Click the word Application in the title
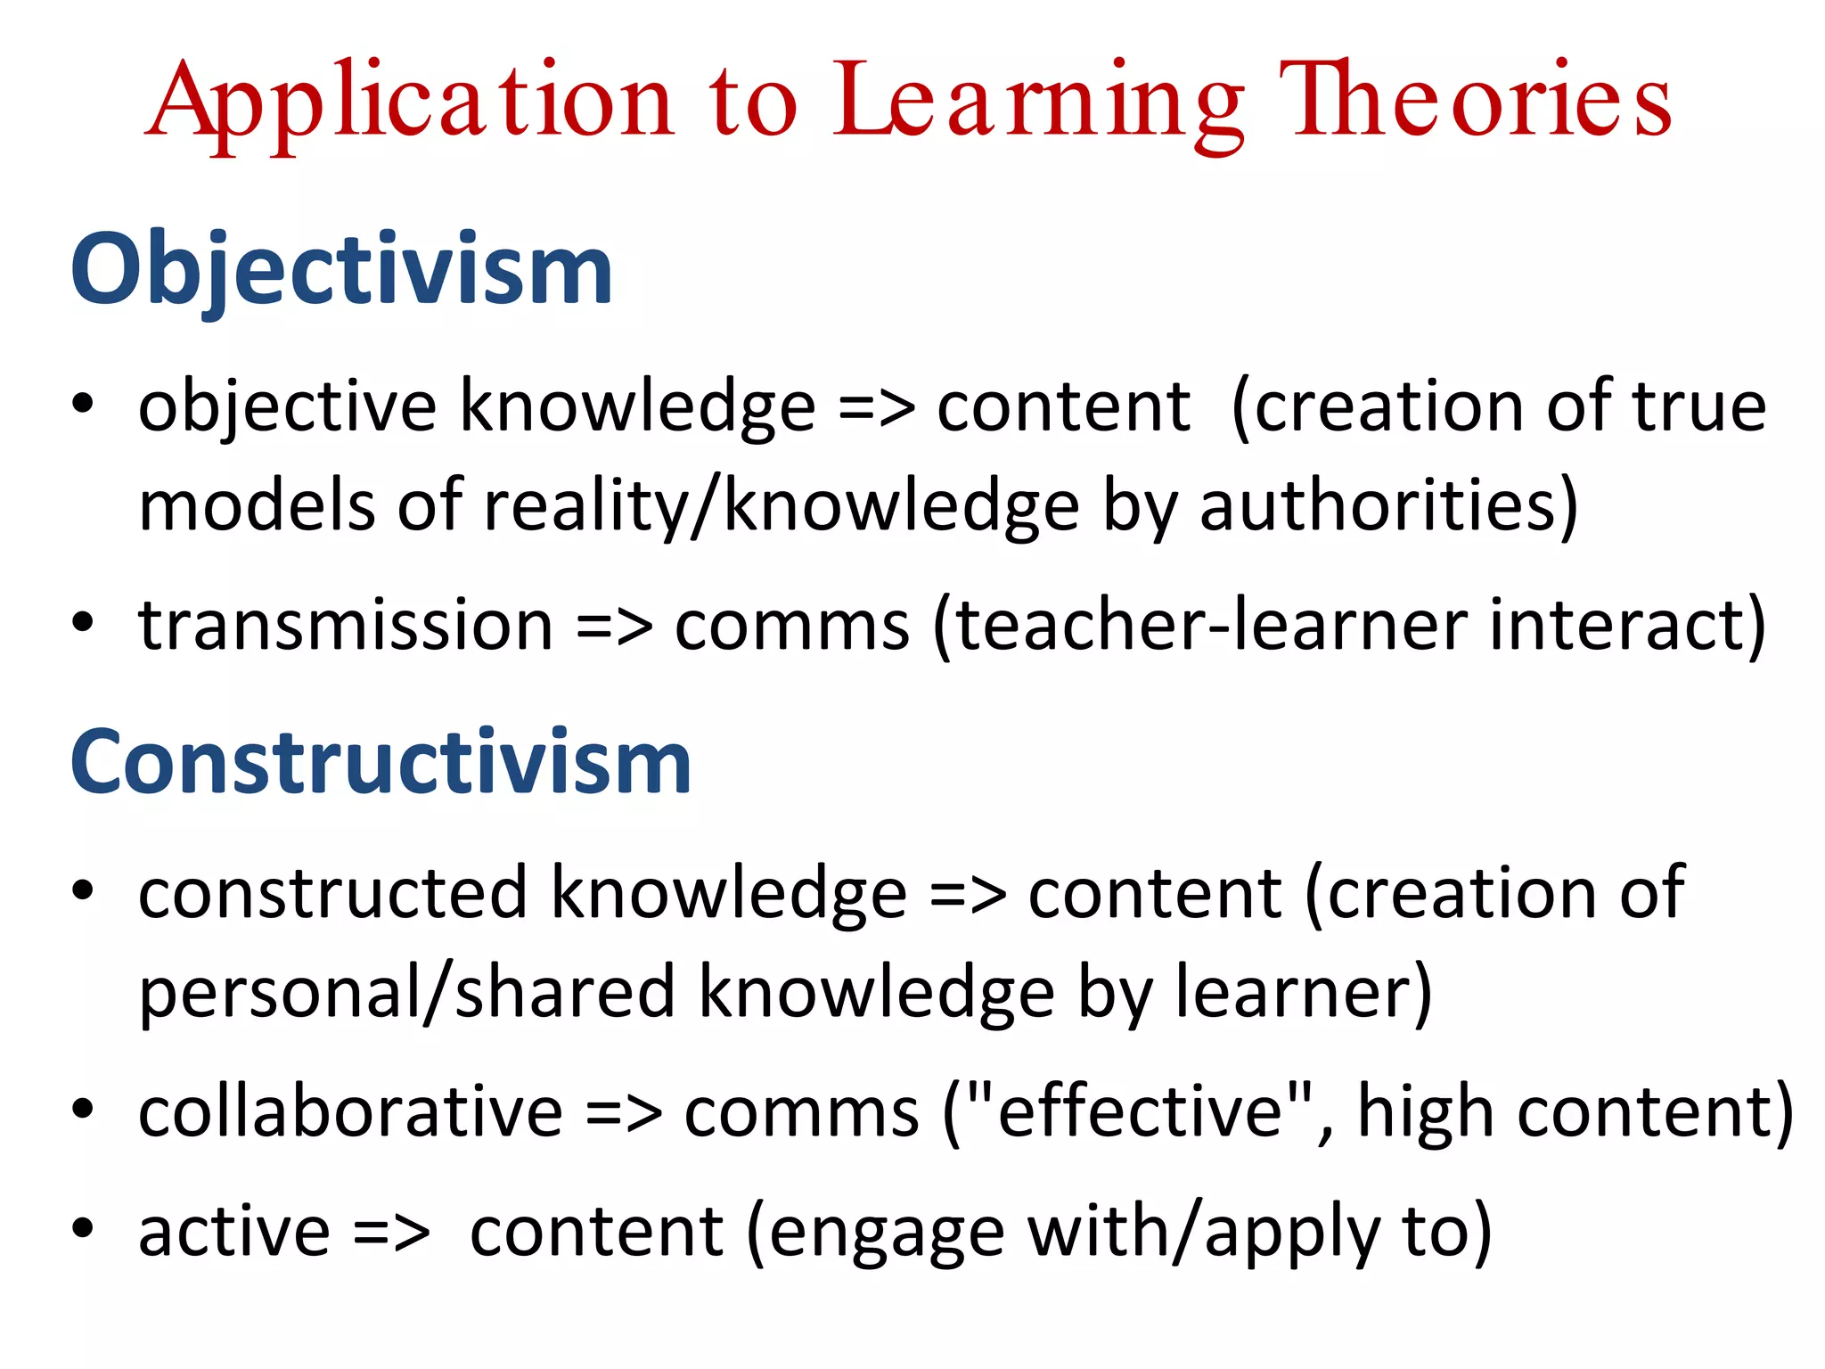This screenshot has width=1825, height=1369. (410, 102)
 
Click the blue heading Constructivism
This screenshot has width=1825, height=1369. (381, 762)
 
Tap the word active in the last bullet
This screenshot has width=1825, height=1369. (234, 1233)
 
